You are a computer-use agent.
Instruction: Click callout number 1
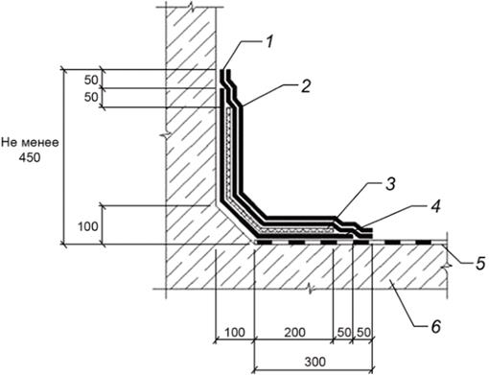pos(269,41)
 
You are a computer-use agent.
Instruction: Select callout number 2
pos(306,85)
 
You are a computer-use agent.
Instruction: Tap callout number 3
pos(390,184)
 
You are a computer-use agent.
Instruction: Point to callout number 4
pos(435,206)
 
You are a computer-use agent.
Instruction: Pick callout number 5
pos(480,263)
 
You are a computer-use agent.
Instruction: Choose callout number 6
pos(435,326)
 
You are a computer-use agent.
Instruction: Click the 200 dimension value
pos(294,332)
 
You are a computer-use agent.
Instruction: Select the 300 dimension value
pos(315,362)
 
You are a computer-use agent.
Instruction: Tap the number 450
pos(30,157)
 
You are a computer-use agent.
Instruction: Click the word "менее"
pos(40,142)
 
